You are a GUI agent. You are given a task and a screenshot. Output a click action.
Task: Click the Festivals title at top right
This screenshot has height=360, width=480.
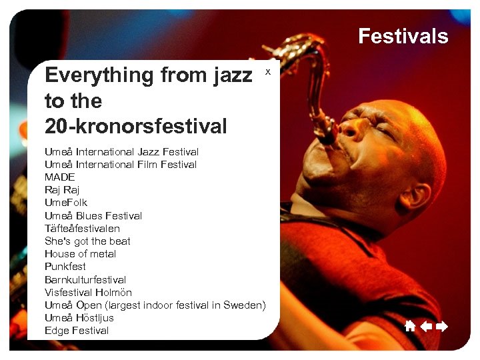(403, 36)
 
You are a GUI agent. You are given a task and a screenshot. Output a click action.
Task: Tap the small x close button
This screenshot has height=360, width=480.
(268, 71)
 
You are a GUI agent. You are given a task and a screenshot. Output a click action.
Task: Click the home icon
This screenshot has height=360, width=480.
(410, 326)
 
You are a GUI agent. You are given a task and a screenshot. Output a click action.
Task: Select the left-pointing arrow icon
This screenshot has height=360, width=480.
(426, 326)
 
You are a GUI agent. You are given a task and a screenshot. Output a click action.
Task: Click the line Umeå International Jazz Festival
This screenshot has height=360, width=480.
(121, 152)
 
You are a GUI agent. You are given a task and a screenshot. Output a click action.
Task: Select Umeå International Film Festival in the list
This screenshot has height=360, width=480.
(121, 165)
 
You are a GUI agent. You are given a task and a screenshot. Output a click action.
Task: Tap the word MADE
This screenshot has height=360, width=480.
(60, 177)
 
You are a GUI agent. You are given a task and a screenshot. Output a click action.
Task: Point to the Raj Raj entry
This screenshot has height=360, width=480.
(62, 190)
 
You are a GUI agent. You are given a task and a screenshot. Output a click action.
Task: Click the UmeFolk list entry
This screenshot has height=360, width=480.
(66, 203)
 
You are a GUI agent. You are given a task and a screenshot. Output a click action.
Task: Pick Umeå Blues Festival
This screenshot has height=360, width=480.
(93, 216)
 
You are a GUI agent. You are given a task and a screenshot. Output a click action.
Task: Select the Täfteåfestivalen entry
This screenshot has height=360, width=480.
(82, 228)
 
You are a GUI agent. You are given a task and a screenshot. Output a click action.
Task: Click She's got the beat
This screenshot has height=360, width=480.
(87, 241)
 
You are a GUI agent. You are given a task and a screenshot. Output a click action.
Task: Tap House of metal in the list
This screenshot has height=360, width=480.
(80, 254)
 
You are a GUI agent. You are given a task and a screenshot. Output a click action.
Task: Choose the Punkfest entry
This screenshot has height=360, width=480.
(65, 267)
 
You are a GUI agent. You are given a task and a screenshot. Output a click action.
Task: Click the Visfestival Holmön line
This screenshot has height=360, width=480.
(88, 293)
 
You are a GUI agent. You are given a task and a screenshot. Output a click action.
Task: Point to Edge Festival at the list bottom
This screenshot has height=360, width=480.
(77, 331)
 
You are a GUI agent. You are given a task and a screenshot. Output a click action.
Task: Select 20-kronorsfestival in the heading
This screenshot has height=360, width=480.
(136, 125)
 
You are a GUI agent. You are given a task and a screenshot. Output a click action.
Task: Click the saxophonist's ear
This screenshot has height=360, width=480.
(415, 197)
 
